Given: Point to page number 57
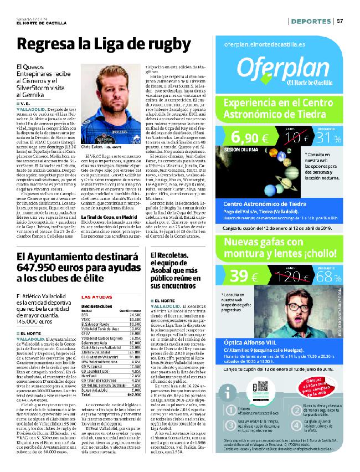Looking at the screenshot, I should [x=340, y=21].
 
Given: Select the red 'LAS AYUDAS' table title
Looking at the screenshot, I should [x=97, y=297].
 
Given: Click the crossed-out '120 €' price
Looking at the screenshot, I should [x=287, y=275].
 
